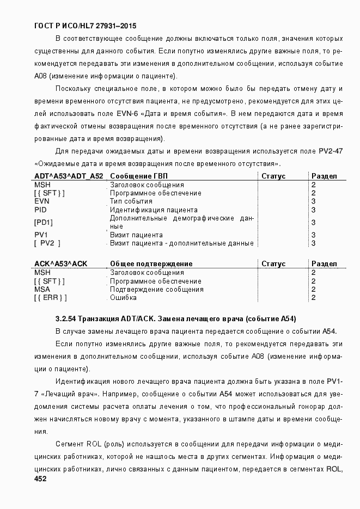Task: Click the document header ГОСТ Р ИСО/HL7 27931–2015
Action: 85,26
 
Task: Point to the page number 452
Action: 40,479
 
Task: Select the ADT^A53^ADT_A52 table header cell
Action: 69,176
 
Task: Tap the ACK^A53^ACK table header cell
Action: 60,263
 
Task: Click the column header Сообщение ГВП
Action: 138,176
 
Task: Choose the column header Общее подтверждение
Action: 147,263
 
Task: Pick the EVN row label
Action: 41,201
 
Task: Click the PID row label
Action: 40,210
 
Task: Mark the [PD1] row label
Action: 44,222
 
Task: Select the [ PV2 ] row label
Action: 47,243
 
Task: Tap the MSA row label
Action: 42,289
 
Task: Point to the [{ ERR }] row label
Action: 50,298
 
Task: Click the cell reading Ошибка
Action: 123,298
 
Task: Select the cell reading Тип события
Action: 131,201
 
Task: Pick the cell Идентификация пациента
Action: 154,210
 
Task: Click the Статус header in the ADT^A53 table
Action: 273,176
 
